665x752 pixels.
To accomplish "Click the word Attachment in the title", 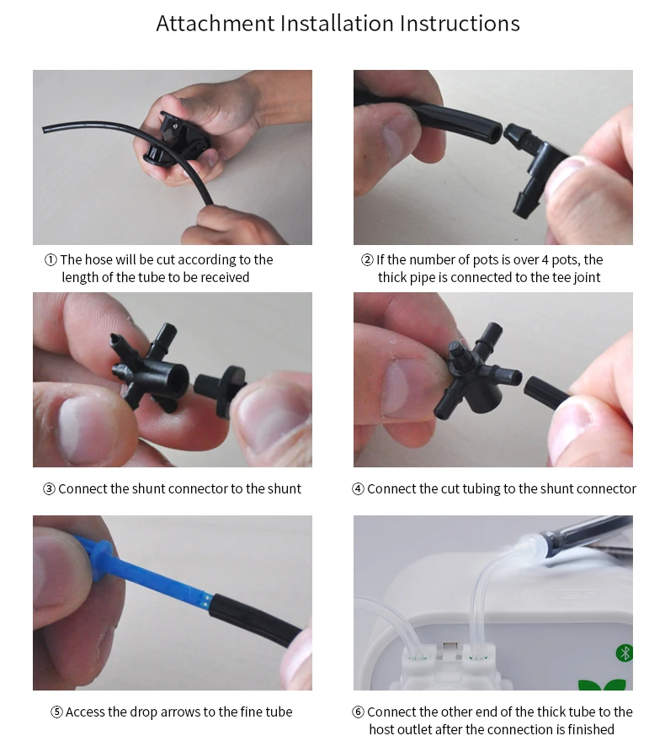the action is [x=215, y=23].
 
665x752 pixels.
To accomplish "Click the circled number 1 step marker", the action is [x=51, y=260].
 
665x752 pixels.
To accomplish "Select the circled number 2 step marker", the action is [x=367, y=260].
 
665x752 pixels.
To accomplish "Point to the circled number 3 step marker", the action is [x=49, y=489].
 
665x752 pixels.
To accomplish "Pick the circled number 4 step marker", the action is [x=358, y=489].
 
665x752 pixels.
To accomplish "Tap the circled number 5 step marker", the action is [x=56, y=712].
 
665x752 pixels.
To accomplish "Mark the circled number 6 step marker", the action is [x=358, y=712].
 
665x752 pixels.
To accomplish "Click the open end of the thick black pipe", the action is [x=497, y=132].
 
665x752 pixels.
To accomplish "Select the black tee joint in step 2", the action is [x=537, y=165].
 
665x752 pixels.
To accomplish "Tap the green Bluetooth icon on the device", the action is [x=625, y=653].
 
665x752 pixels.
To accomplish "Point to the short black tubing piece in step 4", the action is [x=546, y=393].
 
